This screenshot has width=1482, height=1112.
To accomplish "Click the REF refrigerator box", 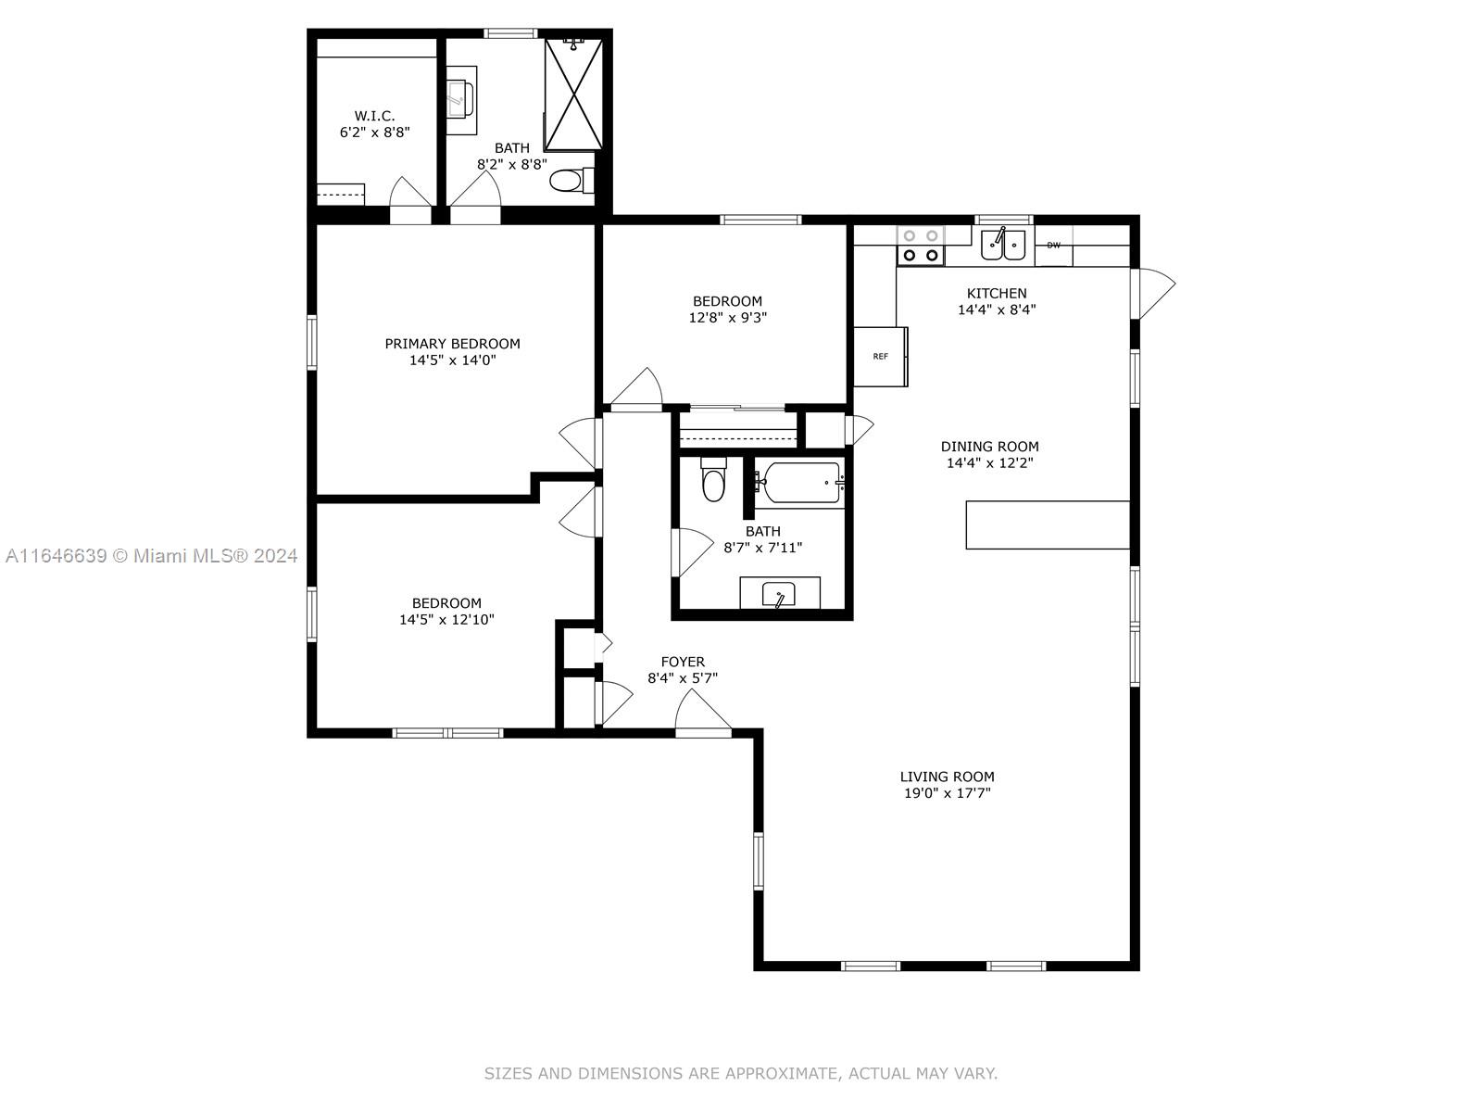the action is pyautogui.click(x=881, y=357).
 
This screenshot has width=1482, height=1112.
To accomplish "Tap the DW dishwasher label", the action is pyautogui.click(x=1053, y=245).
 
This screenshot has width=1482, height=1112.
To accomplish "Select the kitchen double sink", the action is pyautogui.click(x=1002, y=245).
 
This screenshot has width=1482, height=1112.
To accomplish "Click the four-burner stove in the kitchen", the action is pyautogui.click(x=921, y=246).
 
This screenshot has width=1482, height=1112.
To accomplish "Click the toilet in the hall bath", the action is pyautogui.click(x=713, y=479).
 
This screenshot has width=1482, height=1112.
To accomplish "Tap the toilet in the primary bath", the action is pyautogui.click(x=571, y=181).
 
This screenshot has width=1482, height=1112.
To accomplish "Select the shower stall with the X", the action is pyautogui.click(x=573, y=94).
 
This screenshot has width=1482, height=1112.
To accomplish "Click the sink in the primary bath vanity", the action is pyautogui.click(x=460, y=98).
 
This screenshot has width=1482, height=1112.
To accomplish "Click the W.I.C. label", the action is pyautogui.click(x=375, y=116).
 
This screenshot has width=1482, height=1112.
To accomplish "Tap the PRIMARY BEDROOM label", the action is pyautogui.click(x=452, y=344).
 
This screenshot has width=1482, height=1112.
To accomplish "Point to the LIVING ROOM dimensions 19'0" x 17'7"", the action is pyautogui.click(x=948, y=793).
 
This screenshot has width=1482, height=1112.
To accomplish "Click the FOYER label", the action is pyautogui.click(x=683, y=662).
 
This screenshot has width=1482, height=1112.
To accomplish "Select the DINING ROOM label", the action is pyautogui.click(x=990, y=447).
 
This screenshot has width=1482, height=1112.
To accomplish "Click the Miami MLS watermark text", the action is pyautogui.click(x=151, y=556).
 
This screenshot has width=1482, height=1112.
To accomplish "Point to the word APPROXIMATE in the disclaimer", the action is pyautogui.click(x=788, y=1073).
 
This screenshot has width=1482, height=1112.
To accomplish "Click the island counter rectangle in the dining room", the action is pyautogui.click(x=1048, y=525).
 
